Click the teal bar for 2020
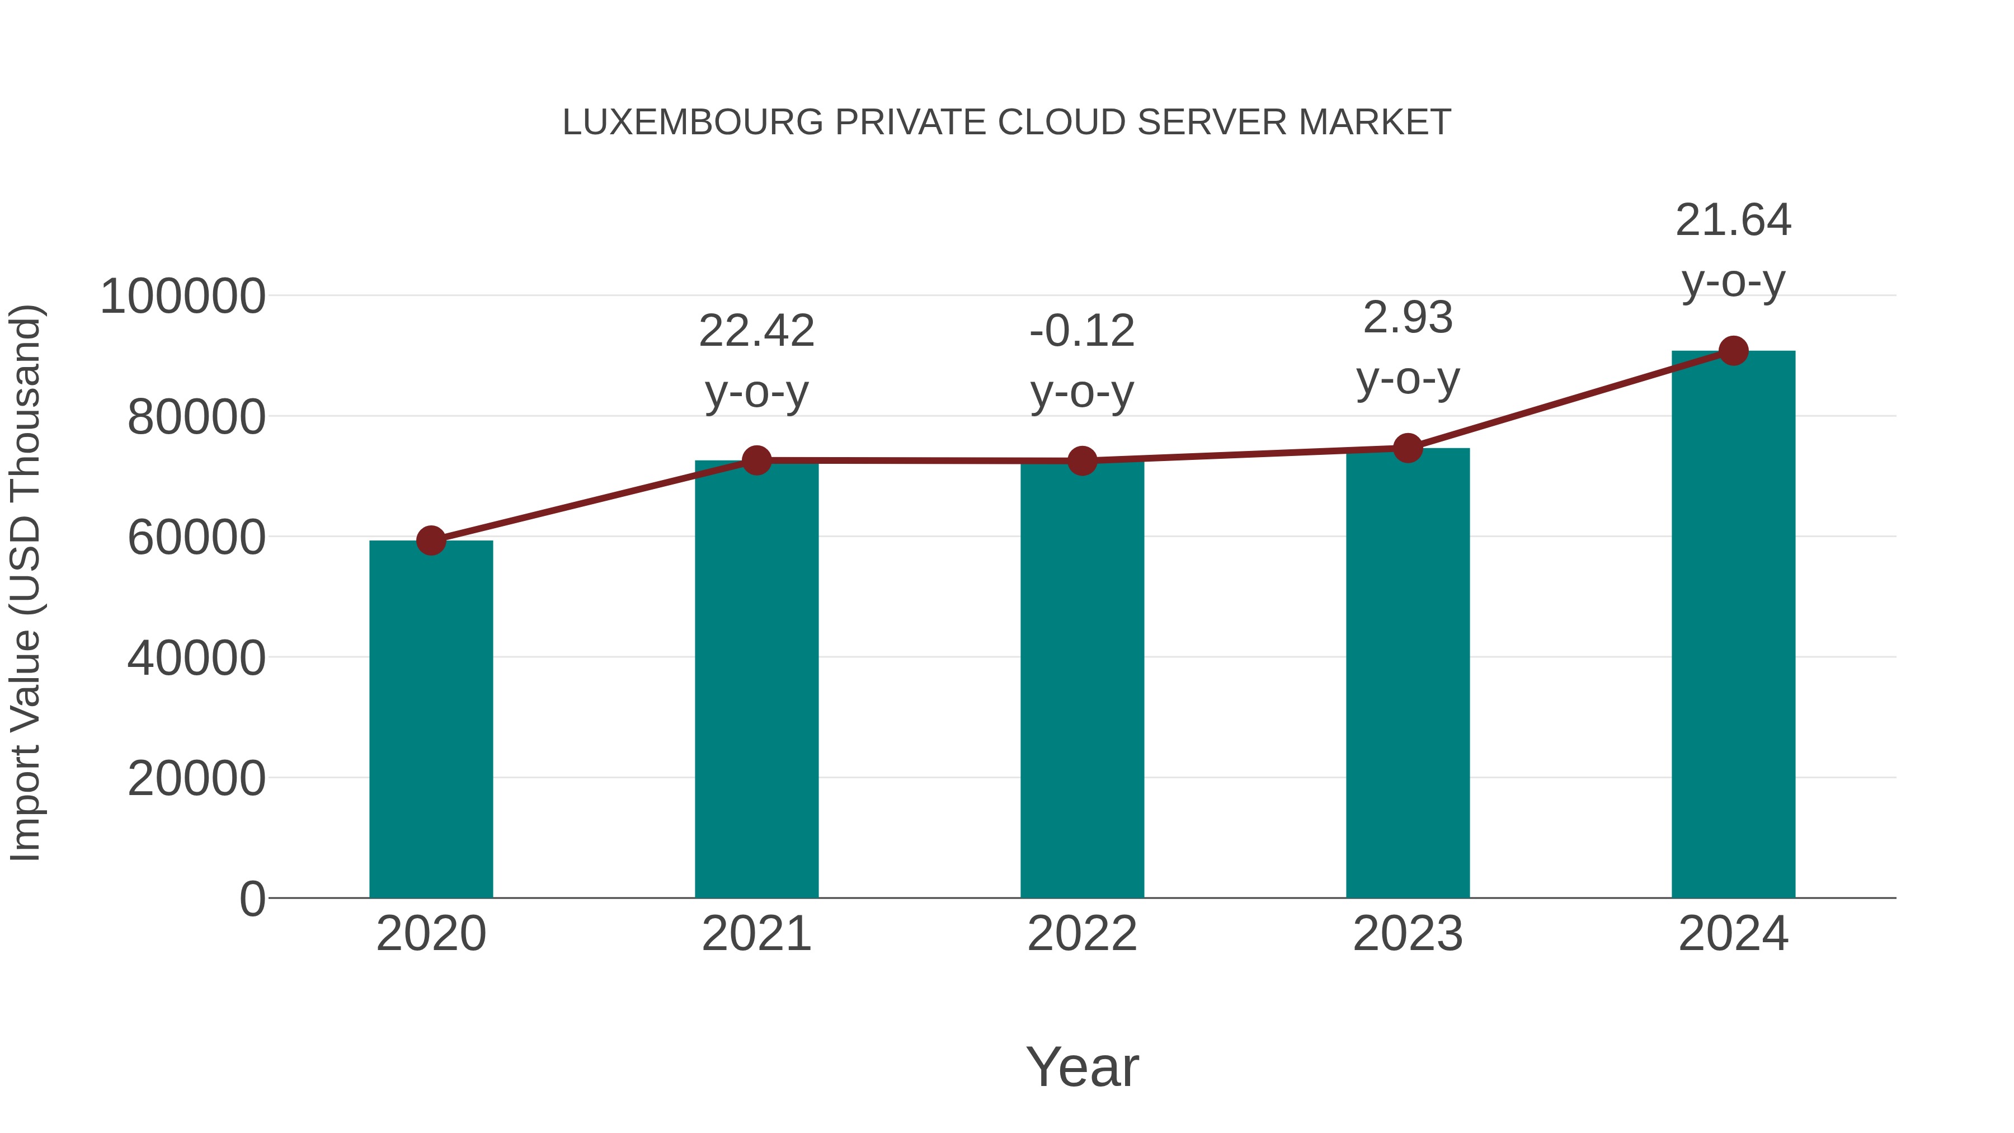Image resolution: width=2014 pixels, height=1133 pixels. pyautogui.click(x=431, y=720)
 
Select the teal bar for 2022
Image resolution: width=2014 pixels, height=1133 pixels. pyautogui.click(x=1082, y=680)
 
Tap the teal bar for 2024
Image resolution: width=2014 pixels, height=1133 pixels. pyautogui.click(x=1733, y=626)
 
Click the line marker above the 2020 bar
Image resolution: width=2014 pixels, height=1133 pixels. pyautogui.click(x=431, y=540)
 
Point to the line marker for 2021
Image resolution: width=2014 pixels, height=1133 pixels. pyautogui.click(x=757, y=460)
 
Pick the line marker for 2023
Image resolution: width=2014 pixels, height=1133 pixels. pyautogui.click(x=1408, y=448)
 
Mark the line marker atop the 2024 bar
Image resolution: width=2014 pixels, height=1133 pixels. pyautogui.click(x=1733, y=351)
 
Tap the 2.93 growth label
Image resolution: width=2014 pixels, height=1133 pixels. pyautogui.click(x=1408, y=318)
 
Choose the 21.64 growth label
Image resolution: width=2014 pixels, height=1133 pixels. pyautogui.click(x=1733, y=220)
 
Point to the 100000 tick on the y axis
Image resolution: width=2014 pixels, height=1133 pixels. pyautogui.click(x=183, y=297)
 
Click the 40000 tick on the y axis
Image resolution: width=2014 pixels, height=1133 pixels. pyautogui.click(x=196, y=659)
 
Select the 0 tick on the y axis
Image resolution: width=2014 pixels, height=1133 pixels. pyautogui.click(x=252, y=899)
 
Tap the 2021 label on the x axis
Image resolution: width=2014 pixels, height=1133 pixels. pyautogui.click(x=757, y=934)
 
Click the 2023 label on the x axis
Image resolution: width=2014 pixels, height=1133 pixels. pyautogui.click(x=1408, y=934)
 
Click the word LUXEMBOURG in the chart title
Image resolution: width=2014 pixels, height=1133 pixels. pyautogui.click(x=693, y=123)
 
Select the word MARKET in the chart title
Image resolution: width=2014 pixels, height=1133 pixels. pyautogui.click(x=1375, y=123)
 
